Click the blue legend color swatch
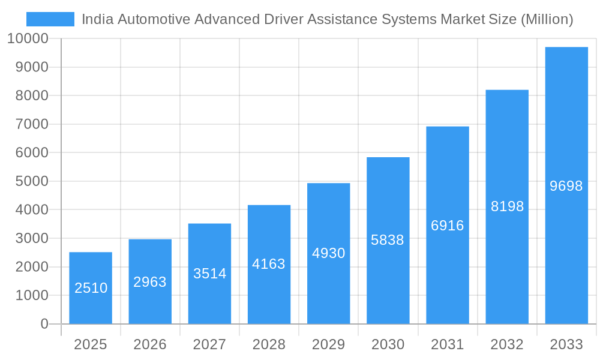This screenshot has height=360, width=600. (50, 19)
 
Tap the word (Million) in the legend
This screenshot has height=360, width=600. (547, 19)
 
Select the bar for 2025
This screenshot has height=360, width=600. (91, 288)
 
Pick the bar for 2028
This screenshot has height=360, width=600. (269, 264)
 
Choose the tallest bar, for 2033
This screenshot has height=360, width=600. (566, 185)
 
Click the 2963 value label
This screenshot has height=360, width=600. (150, 282)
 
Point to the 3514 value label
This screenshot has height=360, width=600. (209, 274)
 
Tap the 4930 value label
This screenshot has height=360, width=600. (328, 253)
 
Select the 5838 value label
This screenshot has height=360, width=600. (388, 240)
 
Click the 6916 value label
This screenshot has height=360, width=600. (447, 226)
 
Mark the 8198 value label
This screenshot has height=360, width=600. (507, 206)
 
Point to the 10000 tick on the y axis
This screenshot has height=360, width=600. (28, 39)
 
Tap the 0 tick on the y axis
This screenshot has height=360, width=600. (44, 324)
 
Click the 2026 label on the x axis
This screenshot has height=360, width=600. (150, 344)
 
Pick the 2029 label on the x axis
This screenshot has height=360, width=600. (328, 344)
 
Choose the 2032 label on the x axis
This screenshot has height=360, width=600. (507, 344)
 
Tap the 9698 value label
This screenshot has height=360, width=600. (566, 186)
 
